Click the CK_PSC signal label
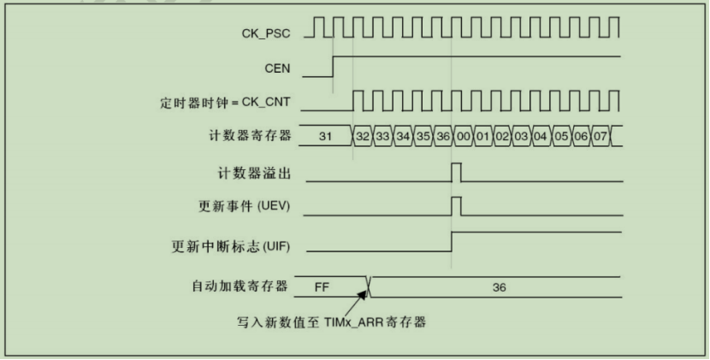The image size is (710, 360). click(x=266, y=33)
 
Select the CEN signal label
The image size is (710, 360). click(x=277, y=68)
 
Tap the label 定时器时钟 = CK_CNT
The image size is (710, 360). click(x=225, y=103)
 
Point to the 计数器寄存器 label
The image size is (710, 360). click(x=250, y=135)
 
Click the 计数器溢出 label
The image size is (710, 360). click(x=254, y=174)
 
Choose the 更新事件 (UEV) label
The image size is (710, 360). click(x=245, y=206)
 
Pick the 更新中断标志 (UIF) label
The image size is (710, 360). click(x=231, y=246)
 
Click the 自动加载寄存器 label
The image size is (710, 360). click(x=240, y=286)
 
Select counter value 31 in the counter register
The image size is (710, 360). click(x=325, y=136)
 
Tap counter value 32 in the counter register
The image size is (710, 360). click(x=363, y=136)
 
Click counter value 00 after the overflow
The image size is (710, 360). click(x=464, y=136)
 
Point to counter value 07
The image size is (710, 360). click(x=601, y=136)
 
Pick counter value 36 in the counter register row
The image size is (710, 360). click(x=443, y=136)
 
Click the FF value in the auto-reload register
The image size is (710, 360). click(x=322, y=287)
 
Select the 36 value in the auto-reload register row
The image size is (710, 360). click(x=499, y=287)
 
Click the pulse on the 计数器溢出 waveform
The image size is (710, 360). click(x=457, y=172)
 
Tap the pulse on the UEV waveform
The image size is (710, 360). click(x=457, y=206)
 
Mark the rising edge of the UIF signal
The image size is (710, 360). click(x=452, y=241)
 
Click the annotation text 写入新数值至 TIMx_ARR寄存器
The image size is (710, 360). click(x=331, y=322)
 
